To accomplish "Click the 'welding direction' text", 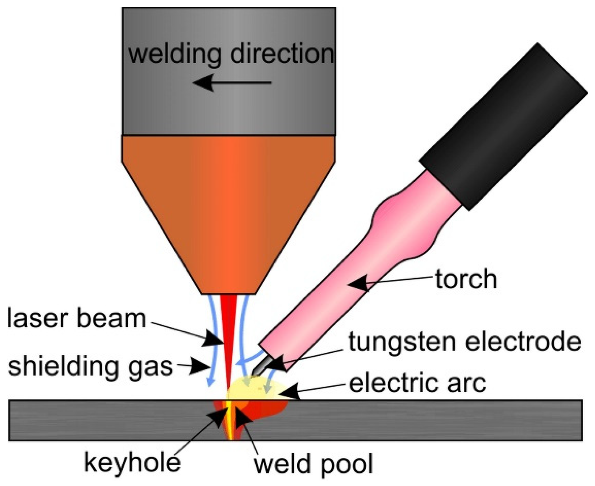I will coord(231,54).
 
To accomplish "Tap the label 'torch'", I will coord(466,279).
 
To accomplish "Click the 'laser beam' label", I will coord(76,318).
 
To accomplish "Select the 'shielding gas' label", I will coord(90,366).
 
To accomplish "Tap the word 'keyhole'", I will coord(132,462).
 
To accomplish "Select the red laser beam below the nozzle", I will coord(229,330).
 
